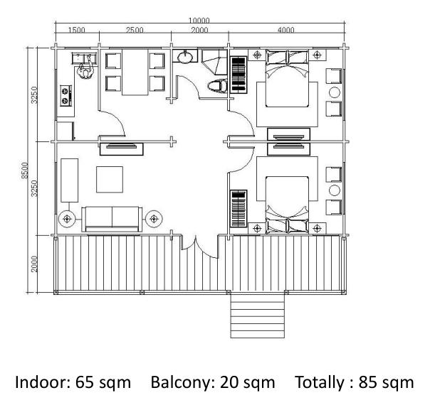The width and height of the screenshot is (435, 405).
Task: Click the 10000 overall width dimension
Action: pyautogui.click(x=199, y=20)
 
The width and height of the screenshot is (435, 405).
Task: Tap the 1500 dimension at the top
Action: pyautogui.click(x=77, y=30)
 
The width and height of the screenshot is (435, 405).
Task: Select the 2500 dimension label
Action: pyautogui.click(x=135, y=30)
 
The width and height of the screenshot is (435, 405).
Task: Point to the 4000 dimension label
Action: pyautogui.click(x=285, y=30)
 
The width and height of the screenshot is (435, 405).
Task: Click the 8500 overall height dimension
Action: pyautogui.click(x=25, y=171)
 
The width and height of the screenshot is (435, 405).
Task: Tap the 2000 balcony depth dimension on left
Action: pyautogui.click(x=34, y=264)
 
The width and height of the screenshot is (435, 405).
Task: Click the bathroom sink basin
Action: pyautogui.click(x=185, y=56)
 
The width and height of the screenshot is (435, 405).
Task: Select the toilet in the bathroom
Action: pyautogui.click(x=218, y=86)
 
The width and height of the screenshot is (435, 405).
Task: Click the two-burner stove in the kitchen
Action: pyautogui.click(x=66, y=95)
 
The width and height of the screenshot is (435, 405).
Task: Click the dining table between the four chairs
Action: pyautogui.click(x=135, y=72)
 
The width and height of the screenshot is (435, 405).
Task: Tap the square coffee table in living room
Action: pyautogui.click(x=110, y=179)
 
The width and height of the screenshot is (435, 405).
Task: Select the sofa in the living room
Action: pyautogui.click(x=112, y=219)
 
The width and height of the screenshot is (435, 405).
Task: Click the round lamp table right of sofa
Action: pyautogui.click(x=154, y=219)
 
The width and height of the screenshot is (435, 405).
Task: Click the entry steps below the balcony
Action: pyautogui.click(x=258, y=315)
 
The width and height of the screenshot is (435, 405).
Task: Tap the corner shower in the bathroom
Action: pyautogui.click(x=214, y=63)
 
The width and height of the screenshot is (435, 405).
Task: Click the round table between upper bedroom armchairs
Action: pyautogui.click(x=335, y=92)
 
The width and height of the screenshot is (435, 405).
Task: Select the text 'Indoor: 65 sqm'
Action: pyautogui.click(x=73, y=382)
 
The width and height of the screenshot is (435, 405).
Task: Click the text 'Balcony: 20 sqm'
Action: pyautogui.click(x=213, y=382)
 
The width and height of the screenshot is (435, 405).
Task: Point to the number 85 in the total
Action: pyautogui.click(x=368, y=382)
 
